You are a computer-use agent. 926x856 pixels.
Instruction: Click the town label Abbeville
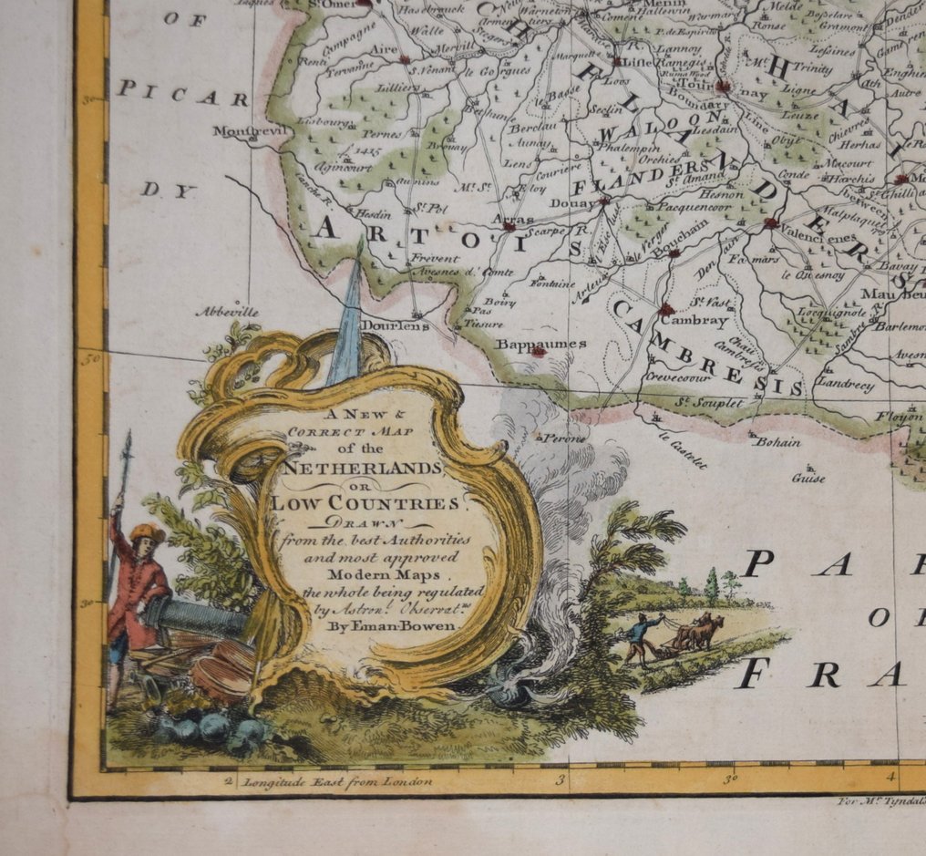click(227, 312)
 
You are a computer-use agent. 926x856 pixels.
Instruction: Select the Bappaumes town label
click(529, 345)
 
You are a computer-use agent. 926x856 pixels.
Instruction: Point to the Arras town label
click(519, 219)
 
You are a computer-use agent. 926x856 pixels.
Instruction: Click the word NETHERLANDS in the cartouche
click(363, 468)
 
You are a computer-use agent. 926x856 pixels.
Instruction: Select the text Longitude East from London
click(334, 781)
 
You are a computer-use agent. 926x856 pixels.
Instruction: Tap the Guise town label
click(808, 478)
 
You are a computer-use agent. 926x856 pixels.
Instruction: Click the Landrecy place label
click(844, 385)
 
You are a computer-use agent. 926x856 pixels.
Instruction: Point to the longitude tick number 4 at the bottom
click(891, 777)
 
